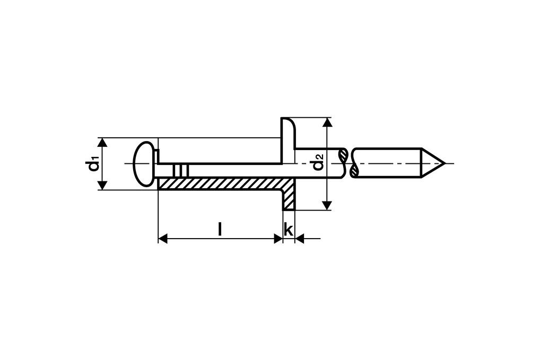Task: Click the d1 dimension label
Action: point(93,164)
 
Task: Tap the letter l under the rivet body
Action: point(220,229)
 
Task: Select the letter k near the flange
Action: point(288,230)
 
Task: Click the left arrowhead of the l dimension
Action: point(163,239)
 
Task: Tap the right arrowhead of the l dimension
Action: point(277,239)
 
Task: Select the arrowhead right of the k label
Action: point(299,239)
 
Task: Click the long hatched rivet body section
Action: point(220,184)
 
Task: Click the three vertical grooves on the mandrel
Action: point(181,171)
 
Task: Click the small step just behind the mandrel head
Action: point(157,157)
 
